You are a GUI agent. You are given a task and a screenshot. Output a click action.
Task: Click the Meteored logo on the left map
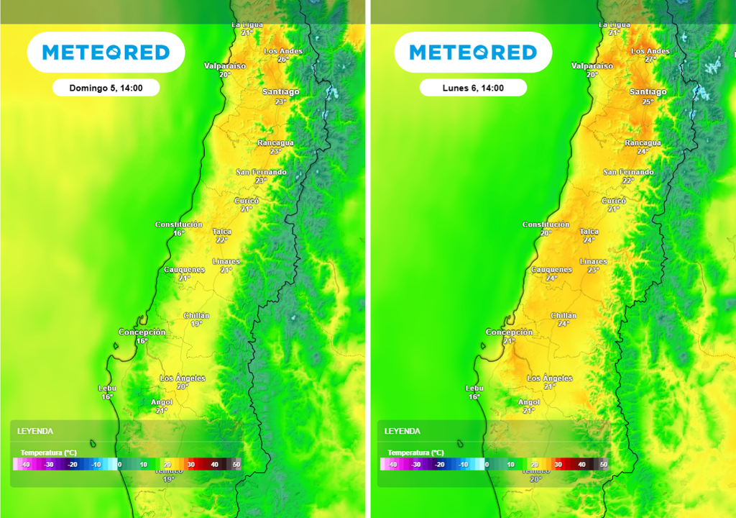pos(106,53)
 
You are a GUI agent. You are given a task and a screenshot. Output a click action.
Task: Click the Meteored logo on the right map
pos(473,53)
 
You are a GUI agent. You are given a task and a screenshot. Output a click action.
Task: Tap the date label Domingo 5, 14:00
pos(106,88)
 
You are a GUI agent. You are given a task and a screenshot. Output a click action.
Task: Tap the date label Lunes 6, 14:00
pos(473,88)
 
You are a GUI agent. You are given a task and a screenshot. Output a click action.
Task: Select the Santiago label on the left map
pos(280,92)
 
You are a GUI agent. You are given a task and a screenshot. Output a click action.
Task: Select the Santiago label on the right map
pos(648,92)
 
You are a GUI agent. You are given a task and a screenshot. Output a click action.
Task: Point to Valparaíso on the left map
pos(224,65)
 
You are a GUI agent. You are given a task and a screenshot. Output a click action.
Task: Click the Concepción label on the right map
pos(509,332)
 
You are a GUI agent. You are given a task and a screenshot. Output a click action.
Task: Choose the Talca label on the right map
pos(589,232)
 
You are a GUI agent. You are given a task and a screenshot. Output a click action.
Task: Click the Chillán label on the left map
pos(196,316)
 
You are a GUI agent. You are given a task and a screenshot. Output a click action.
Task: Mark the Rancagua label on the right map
pos(643,143)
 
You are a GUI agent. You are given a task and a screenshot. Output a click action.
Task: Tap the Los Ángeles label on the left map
pos(183,378)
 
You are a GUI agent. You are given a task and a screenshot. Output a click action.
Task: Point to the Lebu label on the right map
pos(474,388)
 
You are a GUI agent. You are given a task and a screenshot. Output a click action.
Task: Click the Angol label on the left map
pos(161,402)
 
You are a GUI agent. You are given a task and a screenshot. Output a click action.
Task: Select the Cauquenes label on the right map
pos(551,270)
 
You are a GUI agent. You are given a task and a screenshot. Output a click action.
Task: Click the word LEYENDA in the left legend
pos(35,431)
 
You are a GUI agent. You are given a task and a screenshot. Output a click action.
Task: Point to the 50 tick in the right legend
pos(604,465)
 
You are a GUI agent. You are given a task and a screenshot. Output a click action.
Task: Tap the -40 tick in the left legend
pos(26,465)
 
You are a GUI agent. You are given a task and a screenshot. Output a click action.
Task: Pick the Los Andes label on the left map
pos(282,51)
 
